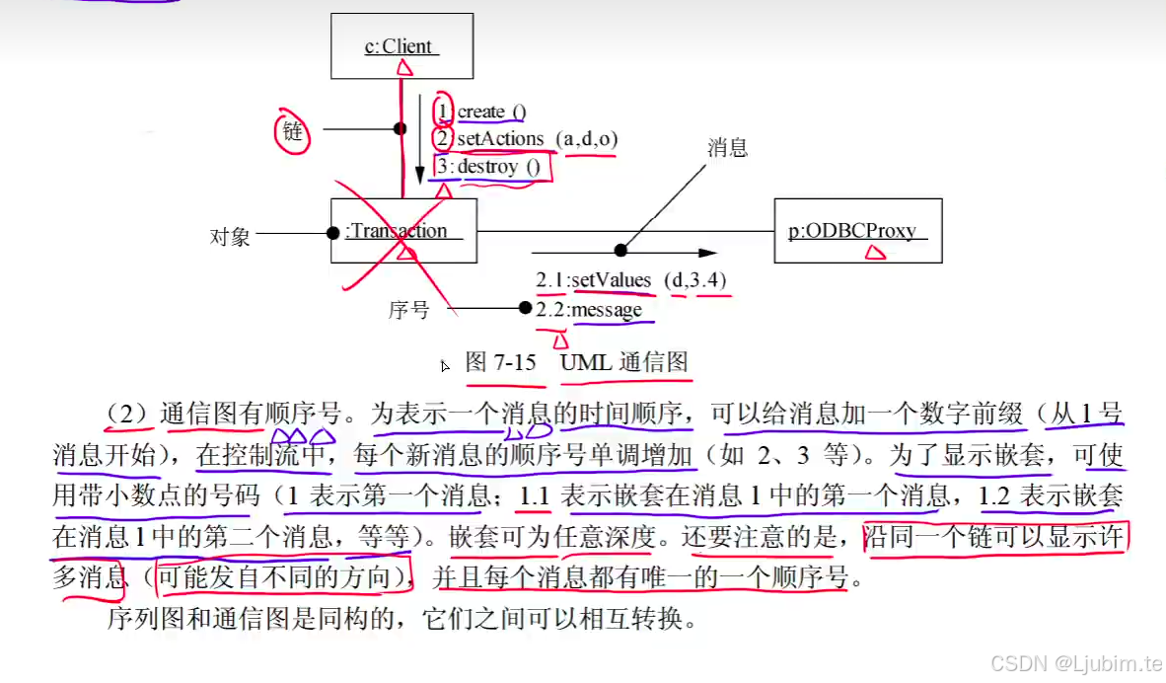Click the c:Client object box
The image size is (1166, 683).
(401, 45)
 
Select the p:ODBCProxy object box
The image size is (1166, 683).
(857, 231)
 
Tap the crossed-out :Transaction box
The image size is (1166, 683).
(402, 231)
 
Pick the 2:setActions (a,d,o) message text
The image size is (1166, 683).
(526, 139)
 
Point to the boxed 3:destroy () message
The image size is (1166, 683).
(490, 167)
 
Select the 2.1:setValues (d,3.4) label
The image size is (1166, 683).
(631, 280)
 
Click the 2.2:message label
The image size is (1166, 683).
(589, 310)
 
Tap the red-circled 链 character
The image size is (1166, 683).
(293, 131)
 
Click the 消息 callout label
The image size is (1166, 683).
(727, 149)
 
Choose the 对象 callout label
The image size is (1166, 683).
(230, 237)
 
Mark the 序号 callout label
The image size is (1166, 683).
(408, 310)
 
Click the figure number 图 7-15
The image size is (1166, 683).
(501, 362)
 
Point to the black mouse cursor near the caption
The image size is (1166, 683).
(445, 366)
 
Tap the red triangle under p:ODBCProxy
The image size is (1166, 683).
(873, 253)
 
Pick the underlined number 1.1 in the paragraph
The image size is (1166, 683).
(534, 495)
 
